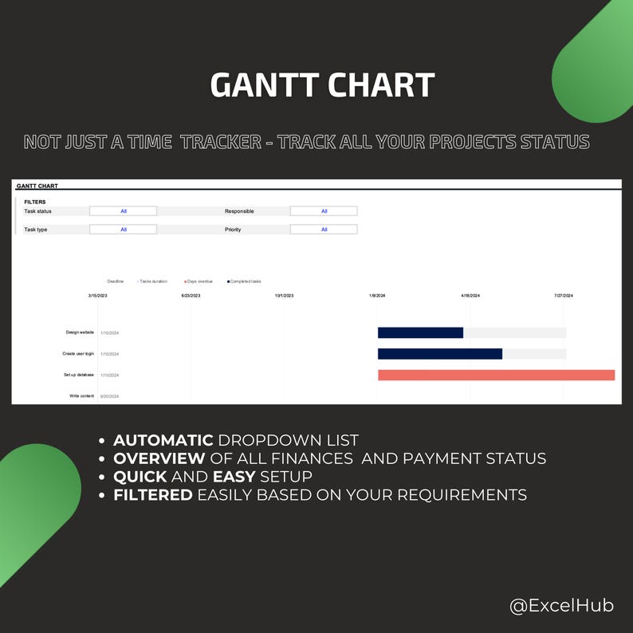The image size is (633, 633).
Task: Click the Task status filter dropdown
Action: pyautogui.click(x=123, y=211)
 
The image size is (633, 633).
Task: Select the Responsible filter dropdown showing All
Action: pyautogui.click(x=324, y=211)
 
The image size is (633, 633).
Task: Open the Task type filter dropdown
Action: pyautogui.click(x=123, y=230)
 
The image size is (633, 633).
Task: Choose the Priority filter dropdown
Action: pyautogui.click(x=324, y=230)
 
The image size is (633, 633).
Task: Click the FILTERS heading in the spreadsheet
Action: pyautogui.click(x=35, y=202)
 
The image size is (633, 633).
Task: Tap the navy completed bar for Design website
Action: pyautogui.click(x=420, y=332)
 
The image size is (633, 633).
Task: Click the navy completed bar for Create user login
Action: pyautogui.click(x=439, y=354)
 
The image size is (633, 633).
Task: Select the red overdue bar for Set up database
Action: pyautogui.click(x=496, y=375)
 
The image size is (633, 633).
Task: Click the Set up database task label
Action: pyautogui.click(x=78, y=375)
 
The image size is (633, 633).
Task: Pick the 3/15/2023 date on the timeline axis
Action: pyautogui.click(x=97, y=296)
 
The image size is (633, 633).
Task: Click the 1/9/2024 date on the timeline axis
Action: pyautogui.click(x=377, y=296)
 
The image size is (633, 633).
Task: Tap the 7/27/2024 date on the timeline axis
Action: pyautogui.click(x=564, y=296)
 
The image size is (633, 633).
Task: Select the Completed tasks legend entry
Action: pyautogui.click(x=245, y=281)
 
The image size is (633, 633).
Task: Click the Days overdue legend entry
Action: pyautogui.click(x=199, y=281)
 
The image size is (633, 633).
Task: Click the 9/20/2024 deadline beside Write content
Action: pyautogui.click(x=109, y=396)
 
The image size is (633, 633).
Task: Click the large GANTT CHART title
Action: pyautogui.click(x=322, y=85)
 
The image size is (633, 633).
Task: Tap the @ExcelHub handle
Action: pyautogui.click(x=561, y=605)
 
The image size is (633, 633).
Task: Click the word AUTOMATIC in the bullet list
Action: pyautogui.click(x=163, y=440)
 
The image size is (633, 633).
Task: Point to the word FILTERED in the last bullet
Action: pyautogui.click(x=152, y=495)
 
